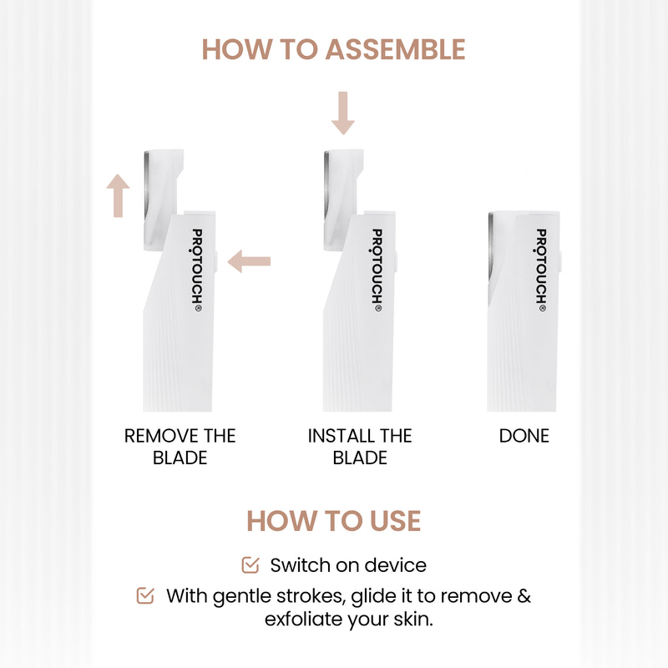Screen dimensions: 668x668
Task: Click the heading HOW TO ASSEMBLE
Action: pos(333,49)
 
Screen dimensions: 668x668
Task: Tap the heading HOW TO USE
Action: pos(333,520)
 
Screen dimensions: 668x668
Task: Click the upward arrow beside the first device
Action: pos(119,196)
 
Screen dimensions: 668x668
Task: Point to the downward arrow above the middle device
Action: pos(343,114)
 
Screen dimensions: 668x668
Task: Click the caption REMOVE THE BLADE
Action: pos(180,447)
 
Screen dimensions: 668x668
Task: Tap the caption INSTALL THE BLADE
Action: pos(360,447)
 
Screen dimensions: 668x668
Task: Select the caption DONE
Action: pos(524,436)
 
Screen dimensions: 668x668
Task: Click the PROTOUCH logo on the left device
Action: pos(198,270)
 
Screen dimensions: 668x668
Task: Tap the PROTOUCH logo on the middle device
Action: pos(377,270)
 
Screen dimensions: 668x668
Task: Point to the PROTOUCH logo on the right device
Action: pos(541,270)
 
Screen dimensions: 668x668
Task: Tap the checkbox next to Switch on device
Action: pos(250,565)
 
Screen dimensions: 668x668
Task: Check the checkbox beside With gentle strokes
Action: pos(145,596)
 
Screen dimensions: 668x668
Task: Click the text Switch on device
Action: pos(348,565)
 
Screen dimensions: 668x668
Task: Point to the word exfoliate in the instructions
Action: pos(306,620)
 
